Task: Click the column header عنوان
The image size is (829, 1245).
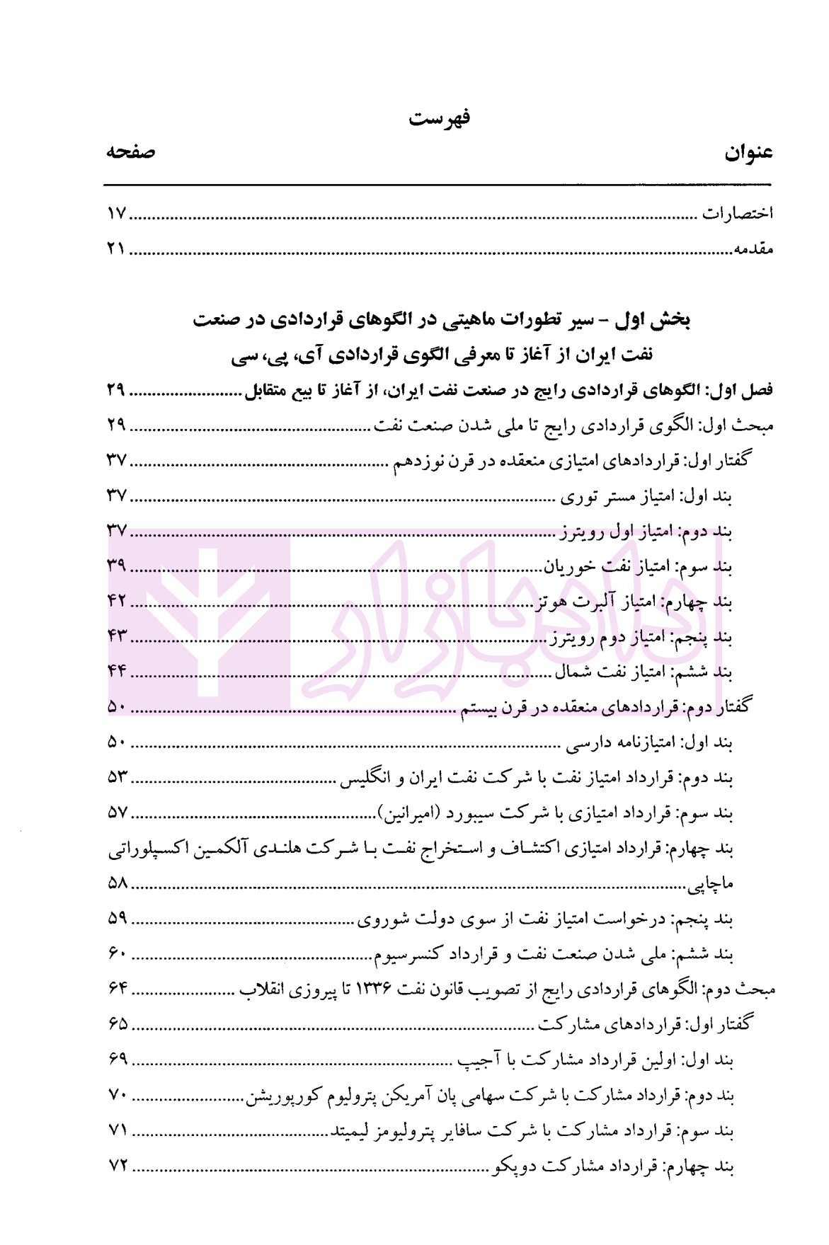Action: click(x=749, y=153)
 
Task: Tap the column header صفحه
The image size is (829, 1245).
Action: click(x=131, y=152)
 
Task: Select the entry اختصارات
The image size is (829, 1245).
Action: click(x=737, y=213)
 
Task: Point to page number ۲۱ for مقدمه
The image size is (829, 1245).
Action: click(x=116, y=249)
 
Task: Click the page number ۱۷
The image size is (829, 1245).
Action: click(x=116, y=213)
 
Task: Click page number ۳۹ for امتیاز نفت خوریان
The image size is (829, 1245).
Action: click(x=117, y=566)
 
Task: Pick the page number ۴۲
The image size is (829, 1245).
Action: click(x=117, y=601)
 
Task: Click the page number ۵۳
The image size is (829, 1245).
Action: click(x=117, y=777)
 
